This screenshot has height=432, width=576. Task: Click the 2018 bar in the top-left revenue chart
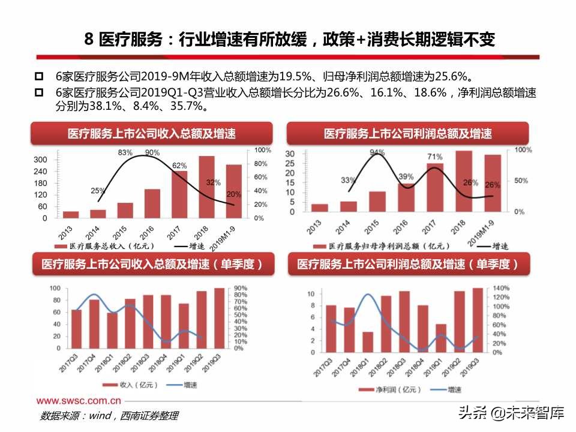[x=206, y=187]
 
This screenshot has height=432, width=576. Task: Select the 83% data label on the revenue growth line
[x=125, y=153]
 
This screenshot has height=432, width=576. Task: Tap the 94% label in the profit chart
[x=377, y=153]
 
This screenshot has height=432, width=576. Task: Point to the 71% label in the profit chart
[x=435, y=157]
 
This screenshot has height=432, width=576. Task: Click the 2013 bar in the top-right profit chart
[x=320, y=208]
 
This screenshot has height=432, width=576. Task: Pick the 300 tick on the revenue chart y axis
[x=40, y=160]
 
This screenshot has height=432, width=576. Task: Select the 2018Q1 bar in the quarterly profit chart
[x=368, y=342]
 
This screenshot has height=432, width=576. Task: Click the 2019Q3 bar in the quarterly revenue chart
[x=219, y=318]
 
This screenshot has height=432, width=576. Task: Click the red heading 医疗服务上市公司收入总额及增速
[x=151, y=133]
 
